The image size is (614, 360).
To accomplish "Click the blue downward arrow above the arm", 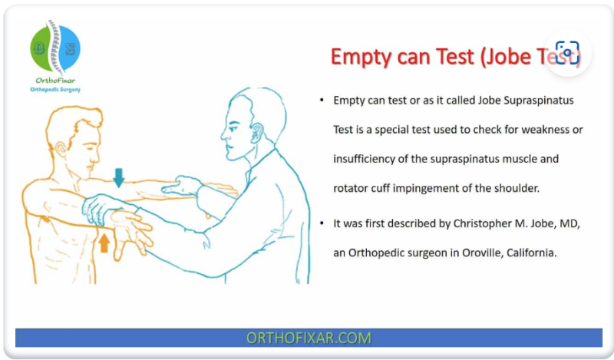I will click(x=118, y=178).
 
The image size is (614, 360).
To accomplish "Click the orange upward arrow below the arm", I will click(x=104, y=243).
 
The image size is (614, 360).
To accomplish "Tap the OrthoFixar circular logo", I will click(x=54, y=48).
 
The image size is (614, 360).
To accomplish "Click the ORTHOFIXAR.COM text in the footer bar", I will click(x=309, y=338).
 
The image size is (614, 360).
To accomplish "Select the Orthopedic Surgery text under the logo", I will click(x=54, y=90).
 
